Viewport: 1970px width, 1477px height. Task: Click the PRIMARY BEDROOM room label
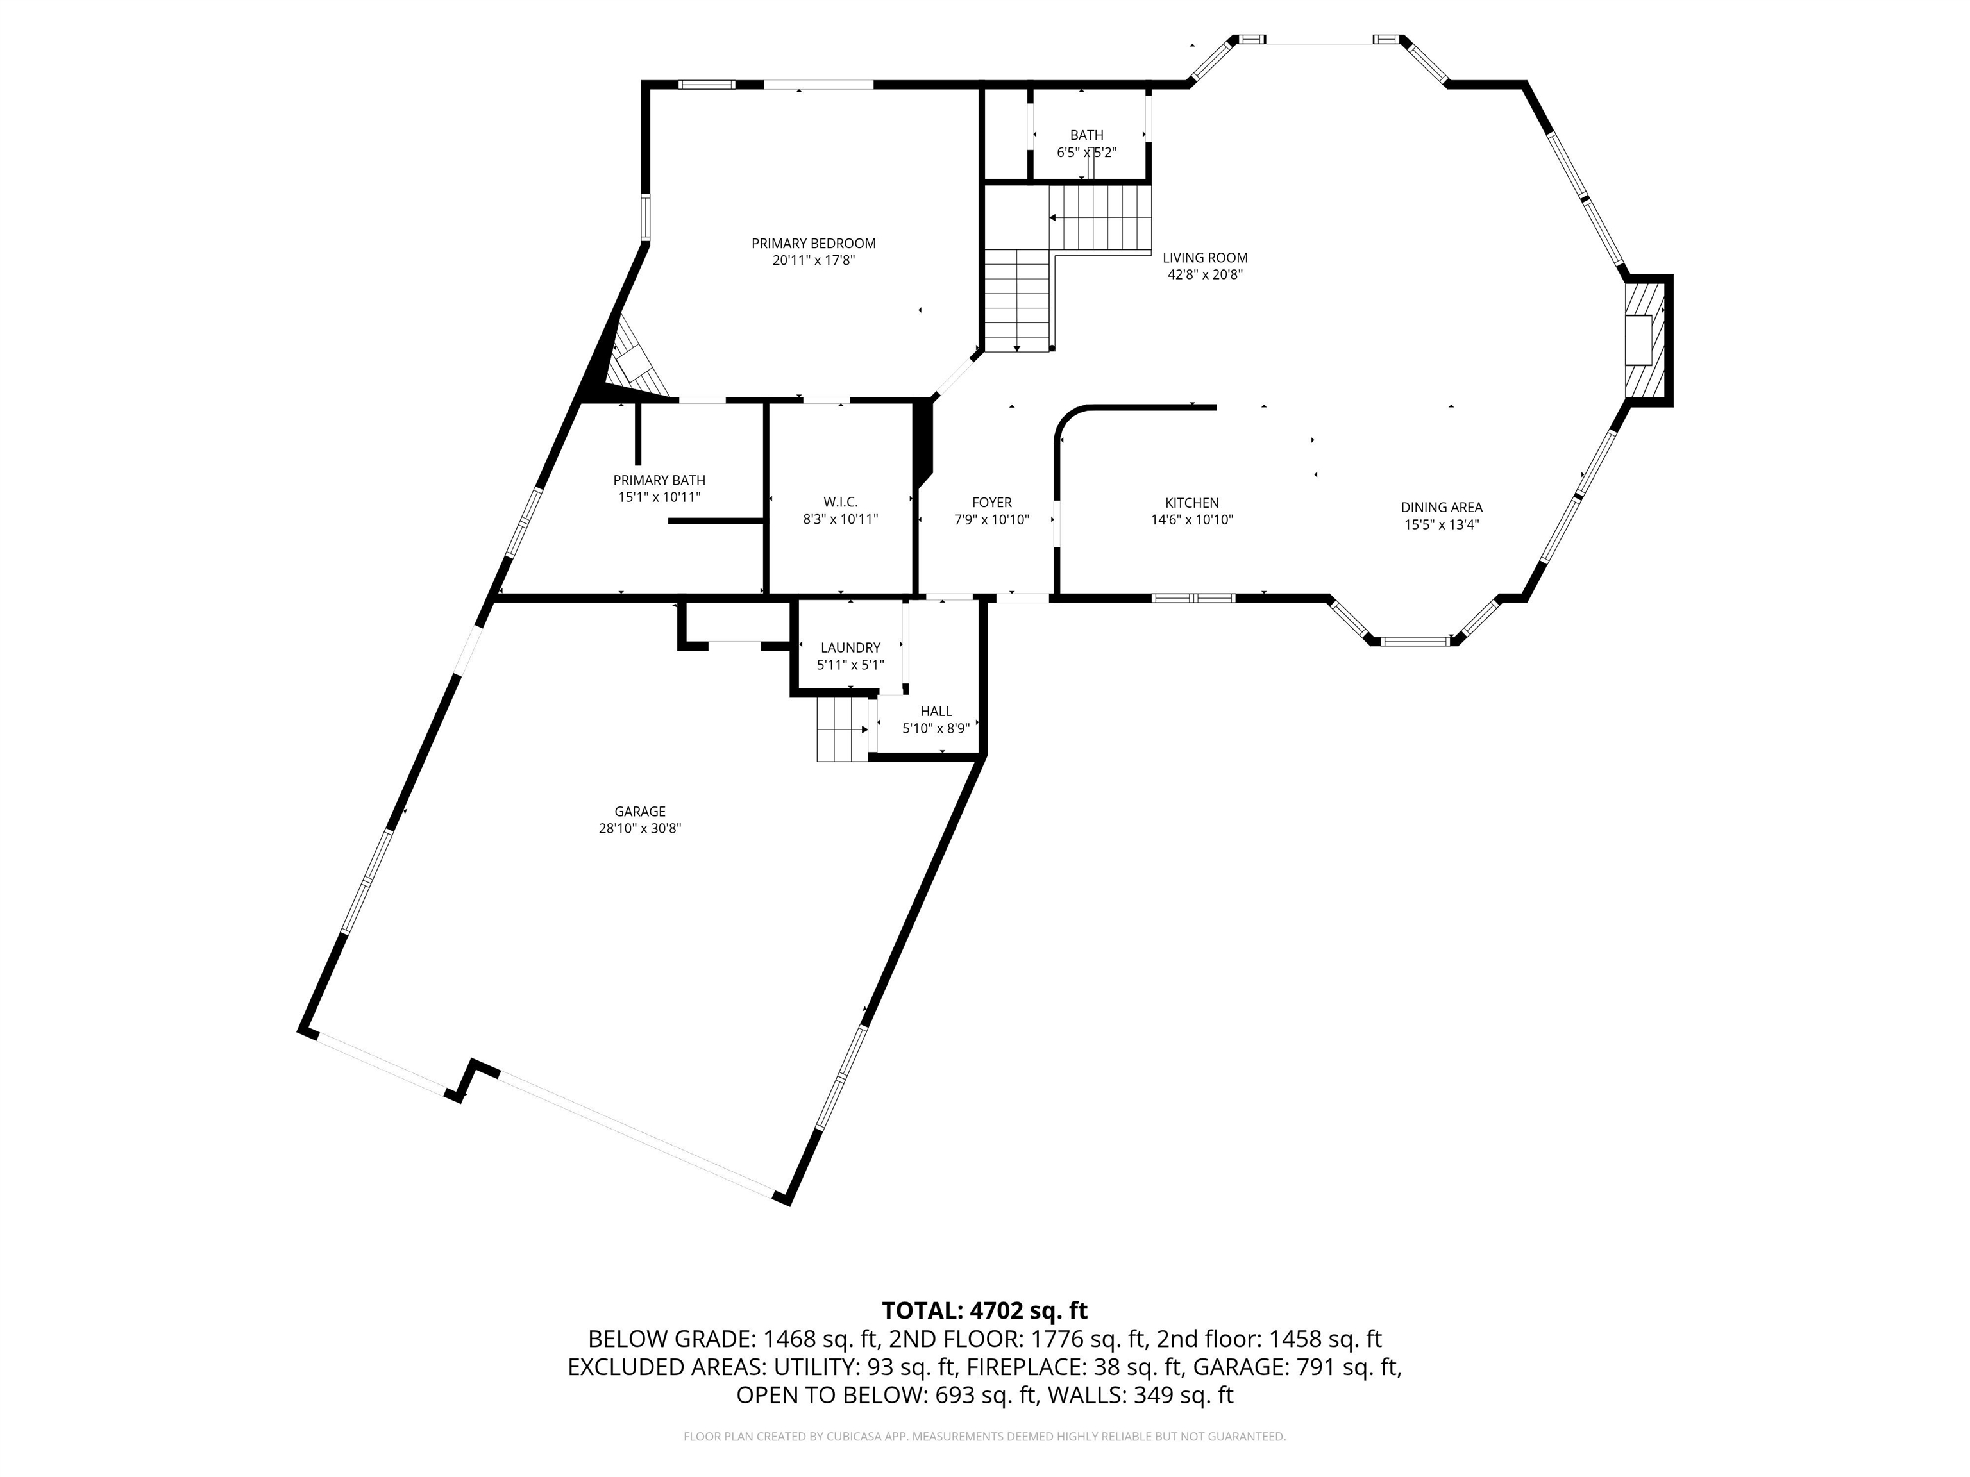coord(813,243)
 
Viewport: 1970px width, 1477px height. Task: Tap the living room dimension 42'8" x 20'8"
coord(1205,275)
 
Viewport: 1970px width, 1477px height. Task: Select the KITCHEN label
coord(1191,503)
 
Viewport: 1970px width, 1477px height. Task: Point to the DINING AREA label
coord(1441,508)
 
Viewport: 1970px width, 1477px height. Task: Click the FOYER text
coord(991,503)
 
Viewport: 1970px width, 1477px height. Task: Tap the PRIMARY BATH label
coord(659,481)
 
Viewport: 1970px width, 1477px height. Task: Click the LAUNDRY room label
coord(850,648)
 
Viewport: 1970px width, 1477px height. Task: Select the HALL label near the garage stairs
coord(936,712)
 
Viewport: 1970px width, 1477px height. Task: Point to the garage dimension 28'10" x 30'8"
coord(639,829)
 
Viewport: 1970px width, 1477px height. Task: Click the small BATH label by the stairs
coord(1086,135)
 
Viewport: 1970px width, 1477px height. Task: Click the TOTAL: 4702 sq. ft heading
coord(984,1310)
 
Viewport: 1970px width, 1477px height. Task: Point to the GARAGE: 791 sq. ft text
coord(1297,1367)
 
